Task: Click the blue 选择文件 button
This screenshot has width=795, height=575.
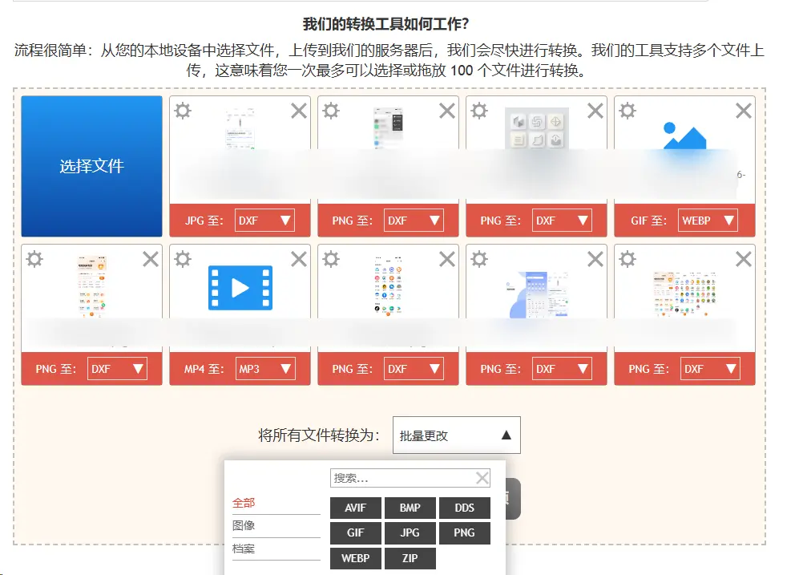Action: [91, 166]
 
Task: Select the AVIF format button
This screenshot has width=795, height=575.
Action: [355, 508]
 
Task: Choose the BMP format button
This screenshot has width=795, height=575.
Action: [410, 508]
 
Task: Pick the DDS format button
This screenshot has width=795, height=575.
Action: [464, 508]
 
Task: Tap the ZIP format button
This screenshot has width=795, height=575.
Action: [410, 557]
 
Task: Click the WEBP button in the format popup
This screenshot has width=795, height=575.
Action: [355, 557]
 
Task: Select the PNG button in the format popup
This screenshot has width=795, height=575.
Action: [464, 532]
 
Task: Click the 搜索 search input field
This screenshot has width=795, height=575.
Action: [401, 478]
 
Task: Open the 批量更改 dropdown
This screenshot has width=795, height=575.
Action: [456, 435]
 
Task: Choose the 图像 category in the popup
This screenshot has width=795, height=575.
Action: [244, 526]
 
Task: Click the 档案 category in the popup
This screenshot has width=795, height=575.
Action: [244, 549]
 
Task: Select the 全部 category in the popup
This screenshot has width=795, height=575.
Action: [244, 503]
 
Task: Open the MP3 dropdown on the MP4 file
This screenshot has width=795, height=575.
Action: [265, 369]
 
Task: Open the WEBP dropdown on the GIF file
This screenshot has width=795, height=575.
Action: [708, 221]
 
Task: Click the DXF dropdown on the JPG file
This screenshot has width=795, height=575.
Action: [265, 221]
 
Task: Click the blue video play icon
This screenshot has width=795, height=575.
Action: [240, 288]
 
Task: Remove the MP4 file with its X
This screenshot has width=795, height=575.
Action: [299, 259]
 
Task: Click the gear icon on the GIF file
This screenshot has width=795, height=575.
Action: [628, 111]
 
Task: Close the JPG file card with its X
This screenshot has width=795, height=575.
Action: [299, 111]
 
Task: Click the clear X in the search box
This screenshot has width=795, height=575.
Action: [482, 478]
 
